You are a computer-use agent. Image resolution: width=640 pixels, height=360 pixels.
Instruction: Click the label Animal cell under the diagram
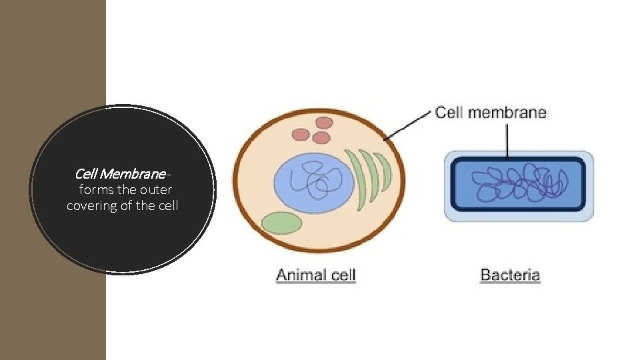pos(316,274)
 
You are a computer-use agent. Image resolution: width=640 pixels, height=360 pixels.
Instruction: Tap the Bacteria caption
pos(510,274)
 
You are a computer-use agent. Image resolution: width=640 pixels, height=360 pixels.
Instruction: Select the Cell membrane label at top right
pos(491,112)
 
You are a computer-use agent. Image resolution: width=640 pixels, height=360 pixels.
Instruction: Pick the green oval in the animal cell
pos(281,223)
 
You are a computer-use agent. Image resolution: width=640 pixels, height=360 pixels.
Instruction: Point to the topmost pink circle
pos(325,123)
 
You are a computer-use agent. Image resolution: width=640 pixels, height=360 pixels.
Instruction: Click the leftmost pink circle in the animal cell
pos(301,135)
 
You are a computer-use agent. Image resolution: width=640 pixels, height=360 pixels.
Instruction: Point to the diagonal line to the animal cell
pos(408,126)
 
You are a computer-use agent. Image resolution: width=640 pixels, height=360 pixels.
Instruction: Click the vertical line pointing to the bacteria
pos(508,141)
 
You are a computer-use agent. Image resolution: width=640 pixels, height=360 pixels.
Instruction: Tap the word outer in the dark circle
pos(157,190)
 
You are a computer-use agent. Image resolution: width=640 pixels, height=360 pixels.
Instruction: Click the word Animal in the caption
pos(296,274)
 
